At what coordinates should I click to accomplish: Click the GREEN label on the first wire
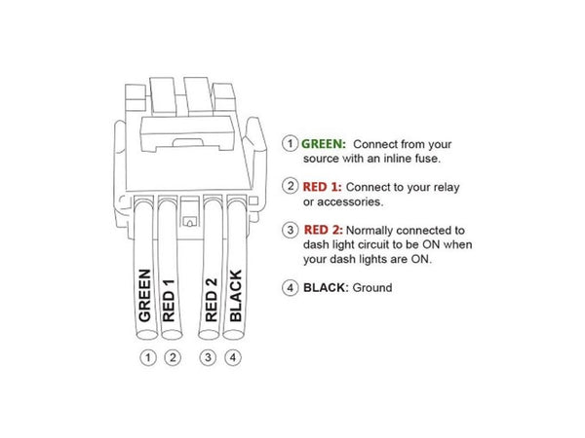click(145, 295)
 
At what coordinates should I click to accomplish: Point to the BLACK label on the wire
click(234, 294)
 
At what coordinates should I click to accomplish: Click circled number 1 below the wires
click(147, 357)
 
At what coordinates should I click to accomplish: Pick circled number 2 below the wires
click(172, 357)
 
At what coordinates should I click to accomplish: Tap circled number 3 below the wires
click(208, 357)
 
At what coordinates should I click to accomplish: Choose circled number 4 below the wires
click(232, 357)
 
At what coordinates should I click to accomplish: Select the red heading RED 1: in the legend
click(327, 185)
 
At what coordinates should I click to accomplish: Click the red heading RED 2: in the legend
click(328, 230)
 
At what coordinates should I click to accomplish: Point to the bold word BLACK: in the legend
click(328, 288)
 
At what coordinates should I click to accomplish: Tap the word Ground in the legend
click(372, 288)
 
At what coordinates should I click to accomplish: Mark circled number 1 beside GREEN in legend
click(290, 142)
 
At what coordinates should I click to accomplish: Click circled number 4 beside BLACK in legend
click(290, 288)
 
